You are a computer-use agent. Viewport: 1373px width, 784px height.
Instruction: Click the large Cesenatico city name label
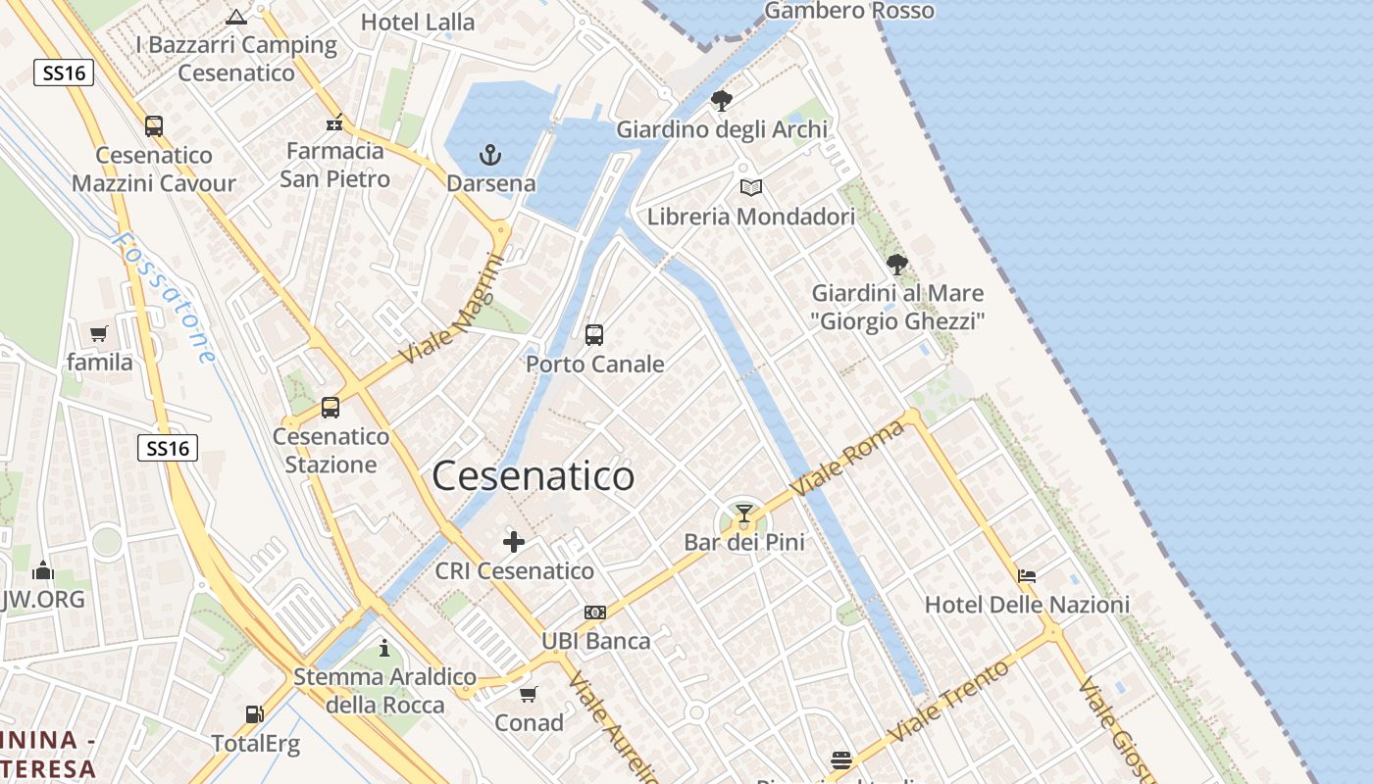pos(534,476)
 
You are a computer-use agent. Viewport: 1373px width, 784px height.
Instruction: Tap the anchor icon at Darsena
pos(489,155)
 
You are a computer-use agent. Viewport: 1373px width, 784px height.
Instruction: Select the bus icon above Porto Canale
pos(594,335)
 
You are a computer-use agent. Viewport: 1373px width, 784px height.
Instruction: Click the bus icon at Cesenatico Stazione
pos(331,408)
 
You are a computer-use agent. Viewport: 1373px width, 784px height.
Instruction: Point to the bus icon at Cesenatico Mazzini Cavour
pos(154,126)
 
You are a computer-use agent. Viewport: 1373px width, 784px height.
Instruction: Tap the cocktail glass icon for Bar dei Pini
pos(744,514)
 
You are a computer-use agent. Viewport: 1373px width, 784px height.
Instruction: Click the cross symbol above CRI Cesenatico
pos(514,542)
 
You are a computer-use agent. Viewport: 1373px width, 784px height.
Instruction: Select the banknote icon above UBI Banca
pos(595,612)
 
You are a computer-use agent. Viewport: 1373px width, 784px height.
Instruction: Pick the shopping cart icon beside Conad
pos(529,695)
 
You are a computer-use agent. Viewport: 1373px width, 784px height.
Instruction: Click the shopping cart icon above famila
pos(99,334)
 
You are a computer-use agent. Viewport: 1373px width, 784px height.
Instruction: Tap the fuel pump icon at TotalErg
pos(255,715)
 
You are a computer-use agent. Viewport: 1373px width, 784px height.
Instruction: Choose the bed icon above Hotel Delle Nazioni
pos(1027,576)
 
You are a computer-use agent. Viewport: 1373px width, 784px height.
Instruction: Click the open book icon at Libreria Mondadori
pos(751,187)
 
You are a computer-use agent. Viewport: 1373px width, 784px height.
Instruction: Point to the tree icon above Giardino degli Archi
pos(722,100)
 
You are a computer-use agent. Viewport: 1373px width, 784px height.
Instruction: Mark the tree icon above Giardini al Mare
pos(896,264)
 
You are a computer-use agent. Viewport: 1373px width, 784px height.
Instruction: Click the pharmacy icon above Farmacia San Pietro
pos(334,123)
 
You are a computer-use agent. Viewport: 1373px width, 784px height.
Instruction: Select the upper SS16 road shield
pos(64,73)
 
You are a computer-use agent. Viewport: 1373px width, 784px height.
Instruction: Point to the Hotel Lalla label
pos(418,22)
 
